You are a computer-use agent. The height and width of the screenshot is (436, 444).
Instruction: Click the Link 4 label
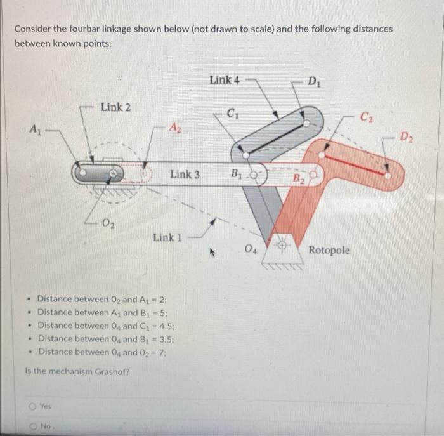coord(225,80)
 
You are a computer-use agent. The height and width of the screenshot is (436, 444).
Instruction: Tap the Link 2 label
coord(115,107)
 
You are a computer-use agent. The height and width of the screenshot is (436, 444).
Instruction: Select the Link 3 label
coord(185,173)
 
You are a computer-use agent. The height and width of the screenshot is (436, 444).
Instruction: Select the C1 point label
coord(234,115)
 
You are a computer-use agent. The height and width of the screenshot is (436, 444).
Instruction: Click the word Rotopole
coord(329,250)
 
